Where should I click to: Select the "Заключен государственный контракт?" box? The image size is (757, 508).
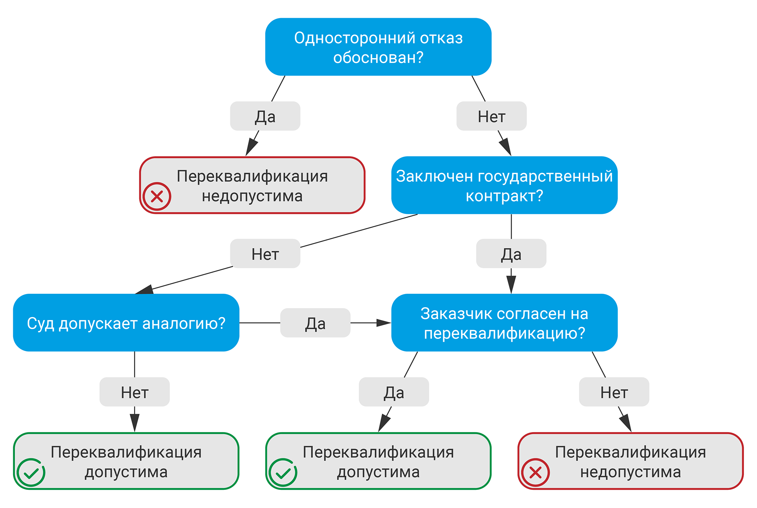tap(504, 185)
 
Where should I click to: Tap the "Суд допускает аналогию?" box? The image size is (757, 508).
tap(126, 323)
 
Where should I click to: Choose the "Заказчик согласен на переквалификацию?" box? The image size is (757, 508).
tap(504, 323)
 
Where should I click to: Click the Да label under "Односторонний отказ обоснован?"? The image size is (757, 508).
tap(265, 116)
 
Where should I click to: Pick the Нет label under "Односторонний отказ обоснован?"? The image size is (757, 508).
tap(491, 116)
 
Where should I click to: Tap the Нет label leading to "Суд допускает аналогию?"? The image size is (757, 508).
tap(265, 254)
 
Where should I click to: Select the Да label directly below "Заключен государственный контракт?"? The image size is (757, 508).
tap(511, 254)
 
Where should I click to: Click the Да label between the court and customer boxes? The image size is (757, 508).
tap(315, 323)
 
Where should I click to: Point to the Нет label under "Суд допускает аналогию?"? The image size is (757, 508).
tap(134, 392)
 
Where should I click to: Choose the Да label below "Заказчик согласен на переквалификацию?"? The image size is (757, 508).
tap(394, 392)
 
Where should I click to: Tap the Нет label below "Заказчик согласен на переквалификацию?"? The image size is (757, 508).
tap(614, 392)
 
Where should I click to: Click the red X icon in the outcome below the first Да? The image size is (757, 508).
tap(157, 197)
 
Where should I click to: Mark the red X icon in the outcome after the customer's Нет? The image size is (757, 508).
tap(535, 472)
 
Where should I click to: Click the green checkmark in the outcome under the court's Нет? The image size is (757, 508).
tap(31, 472)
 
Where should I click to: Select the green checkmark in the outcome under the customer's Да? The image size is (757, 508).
tap(283, 472)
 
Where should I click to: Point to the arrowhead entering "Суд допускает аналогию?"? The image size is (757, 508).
tap(145, 290)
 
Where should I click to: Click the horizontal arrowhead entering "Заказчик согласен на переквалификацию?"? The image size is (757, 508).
tap(384, 323)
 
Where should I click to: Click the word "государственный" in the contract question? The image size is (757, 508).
tap(545, 176)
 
